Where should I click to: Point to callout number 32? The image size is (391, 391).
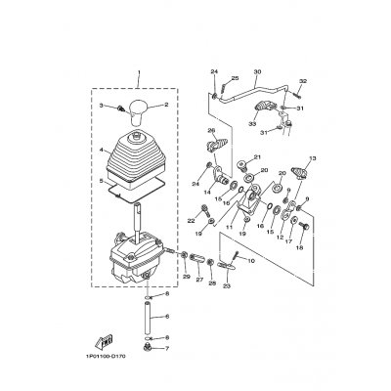[303, 81]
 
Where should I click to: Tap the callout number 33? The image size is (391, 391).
[253, 123]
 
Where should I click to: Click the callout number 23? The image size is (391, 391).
[227, 285]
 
